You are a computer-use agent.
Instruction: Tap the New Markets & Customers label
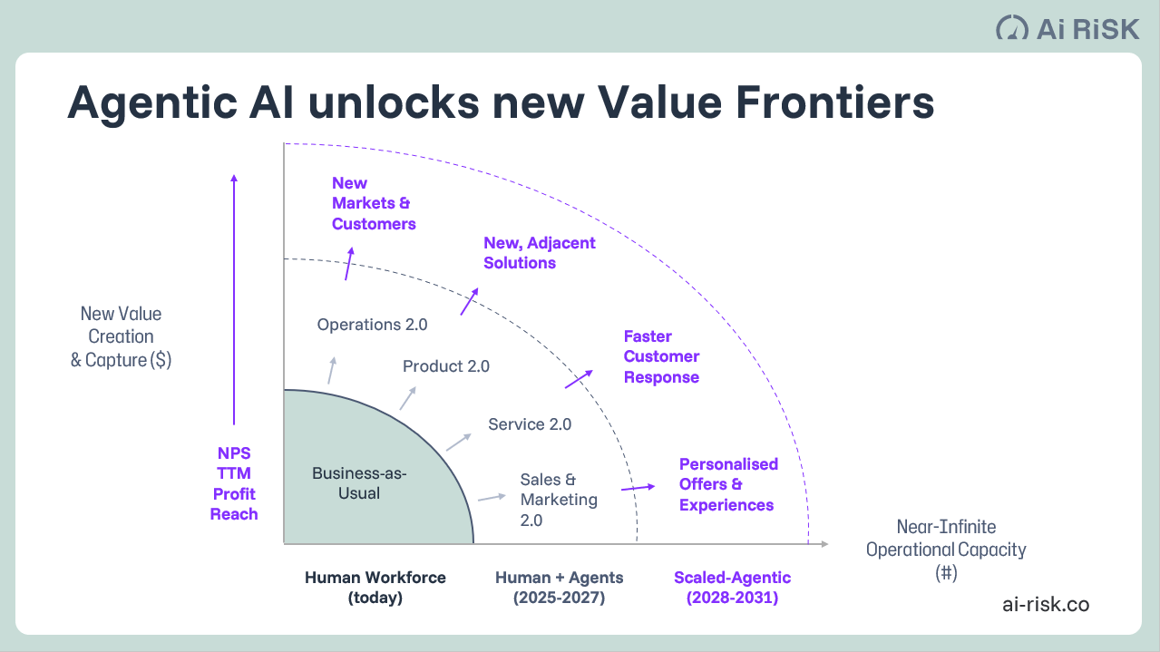[x=373, y=203]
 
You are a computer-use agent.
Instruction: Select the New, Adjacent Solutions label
[x=539, y=253]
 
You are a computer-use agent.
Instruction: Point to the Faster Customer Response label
[x=661, y=356]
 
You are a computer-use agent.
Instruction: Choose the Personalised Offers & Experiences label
[x=728, y=484]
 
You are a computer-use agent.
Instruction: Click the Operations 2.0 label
[x=372, y=324]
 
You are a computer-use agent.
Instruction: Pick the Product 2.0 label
[x=445, y=366]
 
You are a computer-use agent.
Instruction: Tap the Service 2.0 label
[x=530, y=423]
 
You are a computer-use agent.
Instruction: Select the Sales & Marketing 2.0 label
[x=559, y=499]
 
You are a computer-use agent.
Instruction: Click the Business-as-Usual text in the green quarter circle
[x=358, y=483]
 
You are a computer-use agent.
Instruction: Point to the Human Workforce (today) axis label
[x=375, y=588]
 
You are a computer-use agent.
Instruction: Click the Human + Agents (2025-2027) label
[x=559, y=588]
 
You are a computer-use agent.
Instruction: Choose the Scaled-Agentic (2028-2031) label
[x=732, y=588]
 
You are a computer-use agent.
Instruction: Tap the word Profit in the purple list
[x=234, y=493]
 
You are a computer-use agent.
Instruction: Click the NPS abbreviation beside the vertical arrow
[x=234, y=453]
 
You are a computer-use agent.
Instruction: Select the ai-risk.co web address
[x=1046, y=604]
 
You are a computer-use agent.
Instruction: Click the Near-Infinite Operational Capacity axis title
[x=946, y=550]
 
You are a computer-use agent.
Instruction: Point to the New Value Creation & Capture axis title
[x=121, y=336]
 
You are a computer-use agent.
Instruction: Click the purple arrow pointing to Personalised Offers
[x=638, y=488]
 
